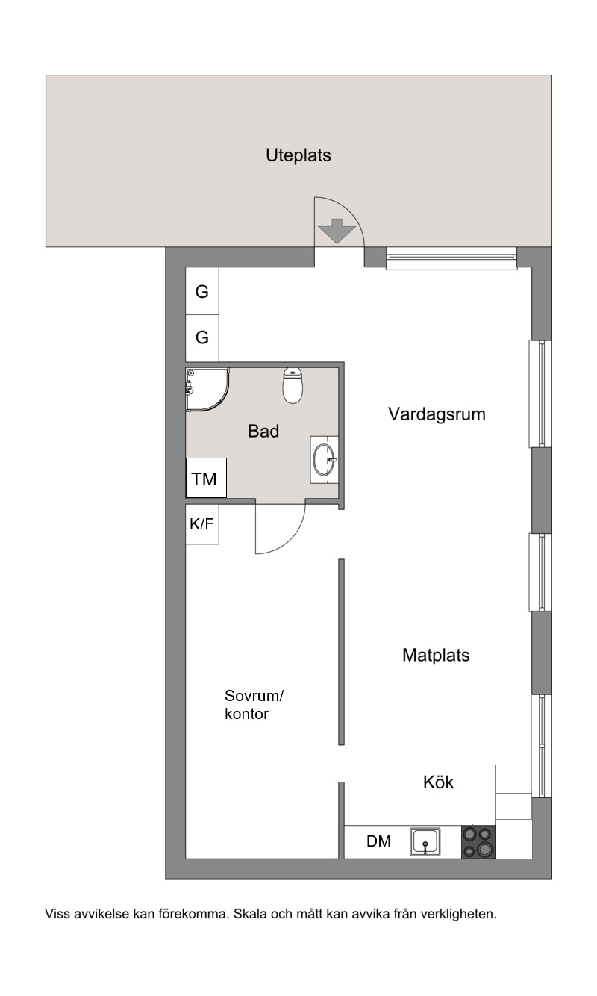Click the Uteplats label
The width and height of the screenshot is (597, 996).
pos(298,155)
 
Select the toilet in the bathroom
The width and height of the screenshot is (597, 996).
pos(293,385)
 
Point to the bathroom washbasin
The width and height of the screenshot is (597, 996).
pos(324,460)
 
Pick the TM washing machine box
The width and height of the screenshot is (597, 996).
pos(206,478)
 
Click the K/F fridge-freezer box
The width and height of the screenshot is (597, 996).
pos(201,524)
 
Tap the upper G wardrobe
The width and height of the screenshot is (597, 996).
pos(201,291)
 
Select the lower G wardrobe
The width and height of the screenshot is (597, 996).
pos(201,338)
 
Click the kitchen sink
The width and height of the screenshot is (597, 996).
pos(425,841)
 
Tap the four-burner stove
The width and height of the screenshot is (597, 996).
pos(478,841)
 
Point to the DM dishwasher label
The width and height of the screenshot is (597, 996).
pos(378,841)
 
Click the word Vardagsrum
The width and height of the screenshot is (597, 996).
pos(437,414)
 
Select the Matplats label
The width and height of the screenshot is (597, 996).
pos(436,655)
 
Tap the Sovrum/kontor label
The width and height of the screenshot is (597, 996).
pos(254,704)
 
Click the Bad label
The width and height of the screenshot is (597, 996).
pos(263,431)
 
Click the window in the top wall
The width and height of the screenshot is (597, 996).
pos(451,259)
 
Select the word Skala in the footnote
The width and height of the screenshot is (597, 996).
pos(250,914)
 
